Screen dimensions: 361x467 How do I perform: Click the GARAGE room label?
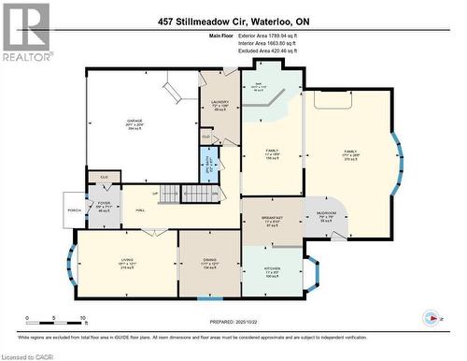coord(134,121)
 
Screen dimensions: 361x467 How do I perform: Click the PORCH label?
coord(73,209)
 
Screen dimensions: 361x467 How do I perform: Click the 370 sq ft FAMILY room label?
coord(350,152)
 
